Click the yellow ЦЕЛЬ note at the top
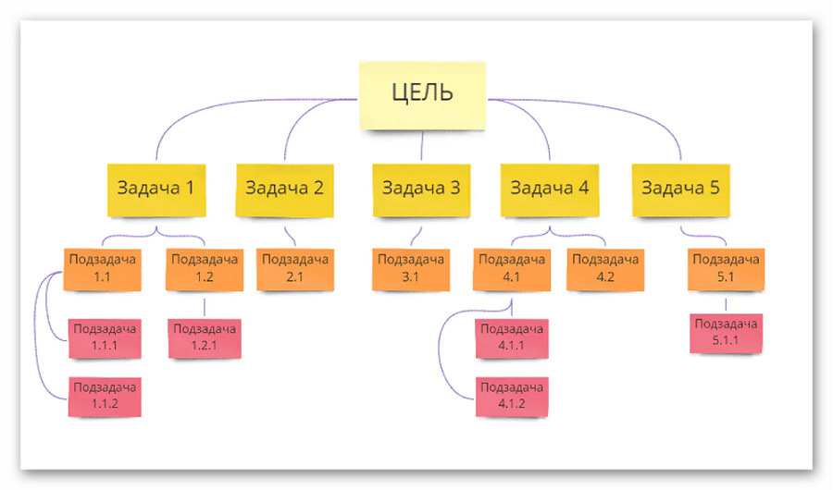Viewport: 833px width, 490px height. pos(422,95)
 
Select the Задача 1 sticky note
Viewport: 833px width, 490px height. pos(156,190)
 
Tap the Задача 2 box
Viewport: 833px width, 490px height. pos(285,190)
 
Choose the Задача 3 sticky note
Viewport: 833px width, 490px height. pos(421,190)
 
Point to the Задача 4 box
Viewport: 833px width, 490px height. pos(550,190)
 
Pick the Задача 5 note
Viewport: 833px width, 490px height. pos(680,190)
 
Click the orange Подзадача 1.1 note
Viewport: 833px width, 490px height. pos(103,270)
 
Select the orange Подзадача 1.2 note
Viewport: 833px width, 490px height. pos(205,270)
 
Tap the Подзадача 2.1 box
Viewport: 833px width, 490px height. pos(295,270)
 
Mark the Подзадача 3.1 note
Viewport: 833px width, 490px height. pos(411,270)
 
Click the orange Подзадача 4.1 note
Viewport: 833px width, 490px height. pos(512,270)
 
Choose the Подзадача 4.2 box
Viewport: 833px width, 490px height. pos(605,270)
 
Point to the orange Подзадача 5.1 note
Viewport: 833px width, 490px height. pos(727,270)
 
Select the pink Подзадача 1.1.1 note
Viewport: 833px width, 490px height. pos(105,338)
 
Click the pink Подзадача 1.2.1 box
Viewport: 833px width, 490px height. pos(205,338)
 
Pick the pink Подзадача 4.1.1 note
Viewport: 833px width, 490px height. pos(512,338)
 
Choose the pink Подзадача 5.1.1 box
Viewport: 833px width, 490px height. pos(727,334)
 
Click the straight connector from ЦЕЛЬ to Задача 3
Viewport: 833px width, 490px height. pos(422,145)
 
